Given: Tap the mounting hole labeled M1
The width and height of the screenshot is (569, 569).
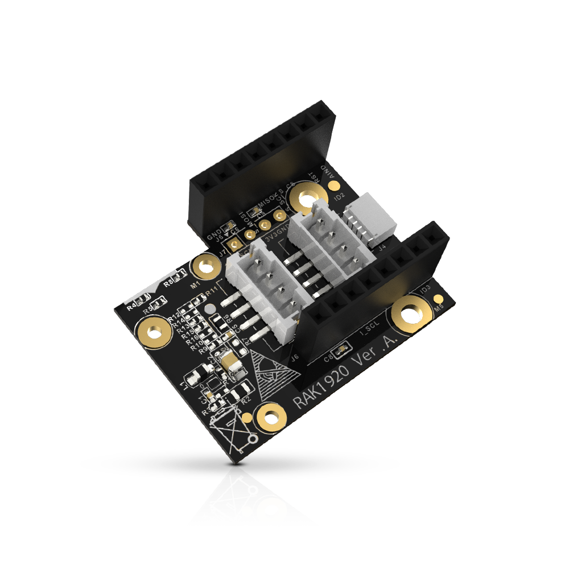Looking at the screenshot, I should coord(203,265).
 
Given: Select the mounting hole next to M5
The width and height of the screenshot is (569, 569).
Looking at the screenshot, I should coord(411,314).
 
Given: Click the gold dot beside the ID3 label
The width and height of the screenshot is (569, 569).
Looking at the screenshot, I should coord(438,299).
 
